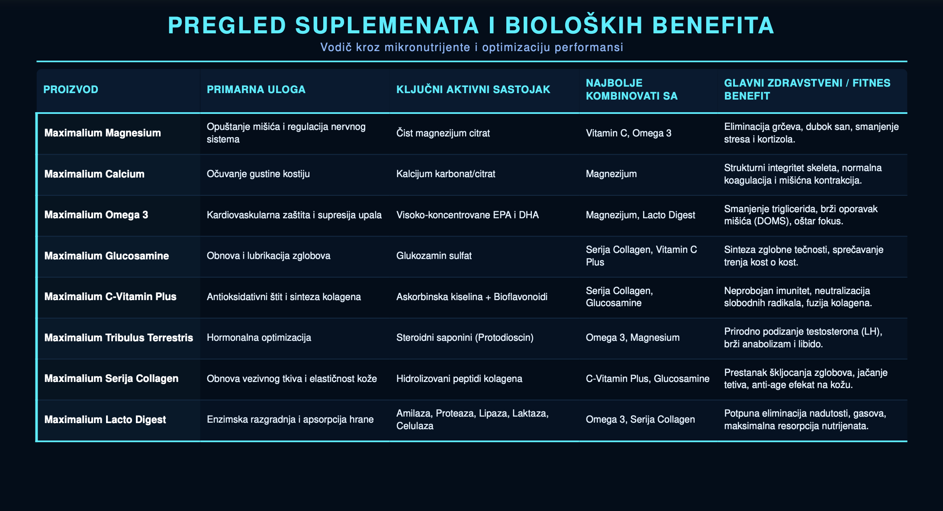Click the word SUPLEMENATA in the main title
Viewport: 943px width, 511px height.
coord(387,25)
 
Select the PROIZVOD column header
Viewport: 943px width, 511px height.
coord(71,90)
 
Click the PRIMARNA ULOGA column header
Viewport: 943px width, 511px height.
coord(256,90)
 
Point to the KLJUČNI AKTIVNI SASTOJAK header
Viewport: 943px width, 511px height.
coord(473,90)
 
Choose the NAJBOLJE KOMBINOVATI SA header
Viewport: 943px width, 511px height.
coord(632,90)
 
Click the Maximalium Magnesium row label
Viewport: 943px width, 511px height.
coord(103,133)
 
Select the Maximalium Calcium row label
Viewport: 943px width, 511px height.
coord(94,174)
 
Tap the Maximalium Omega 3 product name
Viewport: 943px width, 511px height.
coord(96,215)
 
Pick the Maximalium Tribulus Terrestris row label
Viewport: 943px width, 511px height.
coord(119,338)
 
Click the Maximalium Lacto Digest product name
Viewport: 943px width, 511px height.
coord(105,420)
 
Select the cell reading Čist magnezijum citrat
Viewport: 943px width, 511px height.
coord(443,133)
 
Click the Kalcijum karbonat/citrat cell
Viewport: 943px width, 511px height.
coord(446,174)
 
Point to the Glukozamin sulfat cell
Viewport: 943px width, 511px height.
coord(434,256)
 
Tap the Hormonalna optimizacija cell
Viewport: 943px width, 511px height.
coord(259,338)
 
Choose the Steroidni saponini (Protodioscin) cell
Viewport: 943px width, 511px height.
coord(465,338)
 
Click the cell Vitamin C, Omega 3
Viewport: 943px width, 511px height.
coord(628,133)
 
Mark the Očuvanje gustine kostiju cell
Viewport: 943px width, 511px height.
coord(258,174)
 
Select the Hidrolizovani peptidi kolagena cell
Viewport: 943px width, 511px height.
coord(459,378)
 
